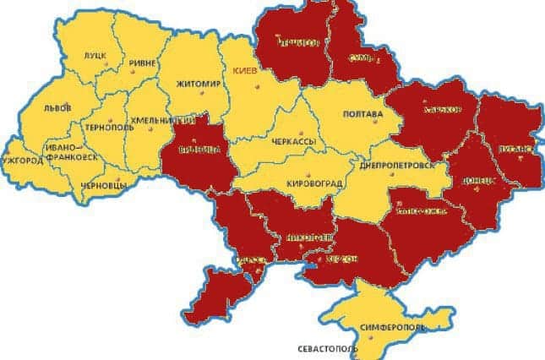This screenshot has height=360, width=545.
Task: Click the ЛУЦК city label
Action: (95, 57)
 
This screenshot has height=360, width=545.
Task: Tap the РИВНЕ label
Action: (144, 64)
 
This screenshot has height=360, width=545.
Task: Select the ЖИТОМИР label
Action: (199, 85)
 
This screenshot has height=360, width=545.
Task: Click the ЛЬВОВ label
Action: (57, 109)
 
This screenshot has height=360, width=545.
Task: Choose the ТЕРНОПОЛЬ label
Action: (105, 127)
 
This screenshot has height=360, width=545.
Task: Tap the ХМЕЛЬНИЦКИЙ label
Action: (166, 120)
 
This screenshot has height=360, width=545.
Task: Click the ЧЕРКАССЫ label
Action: (292, 144)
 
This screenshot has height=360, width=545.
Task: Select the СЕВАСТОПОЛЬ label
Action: (327, 348)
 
